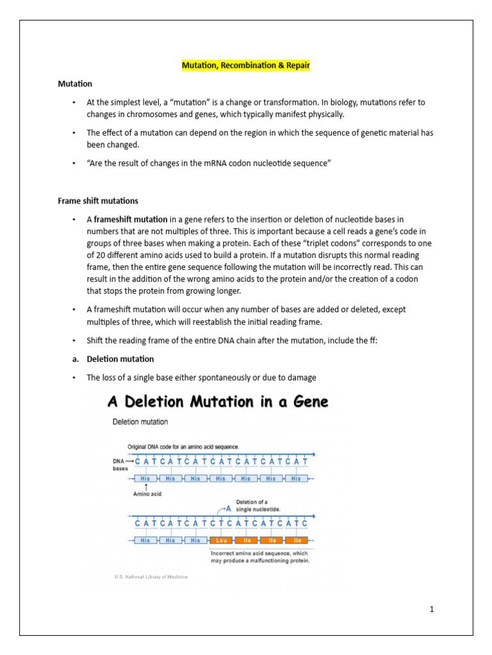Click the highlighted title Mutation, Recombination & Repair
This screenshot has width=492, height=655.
246,65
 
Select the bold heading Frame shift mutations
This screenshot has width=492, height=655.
98,201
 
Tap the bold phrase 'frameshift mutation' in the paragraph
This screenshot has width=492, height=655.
131,219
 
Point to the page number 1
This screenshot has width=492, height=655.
432,609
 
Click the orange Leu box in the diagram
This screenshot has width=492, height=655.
220,540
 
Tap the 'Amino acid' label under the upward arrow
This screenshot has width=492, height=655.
147,494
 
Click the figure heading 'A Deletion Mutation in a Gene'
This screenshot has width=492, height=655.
218,402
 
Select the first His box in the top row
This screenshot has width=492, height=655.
145,478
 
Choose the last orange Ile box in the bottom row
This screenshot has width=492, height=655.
295,540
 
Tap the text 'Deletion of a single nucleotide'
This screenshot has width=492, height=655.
258,505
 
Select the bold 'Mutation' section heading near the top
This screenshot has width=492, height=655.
75,84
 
